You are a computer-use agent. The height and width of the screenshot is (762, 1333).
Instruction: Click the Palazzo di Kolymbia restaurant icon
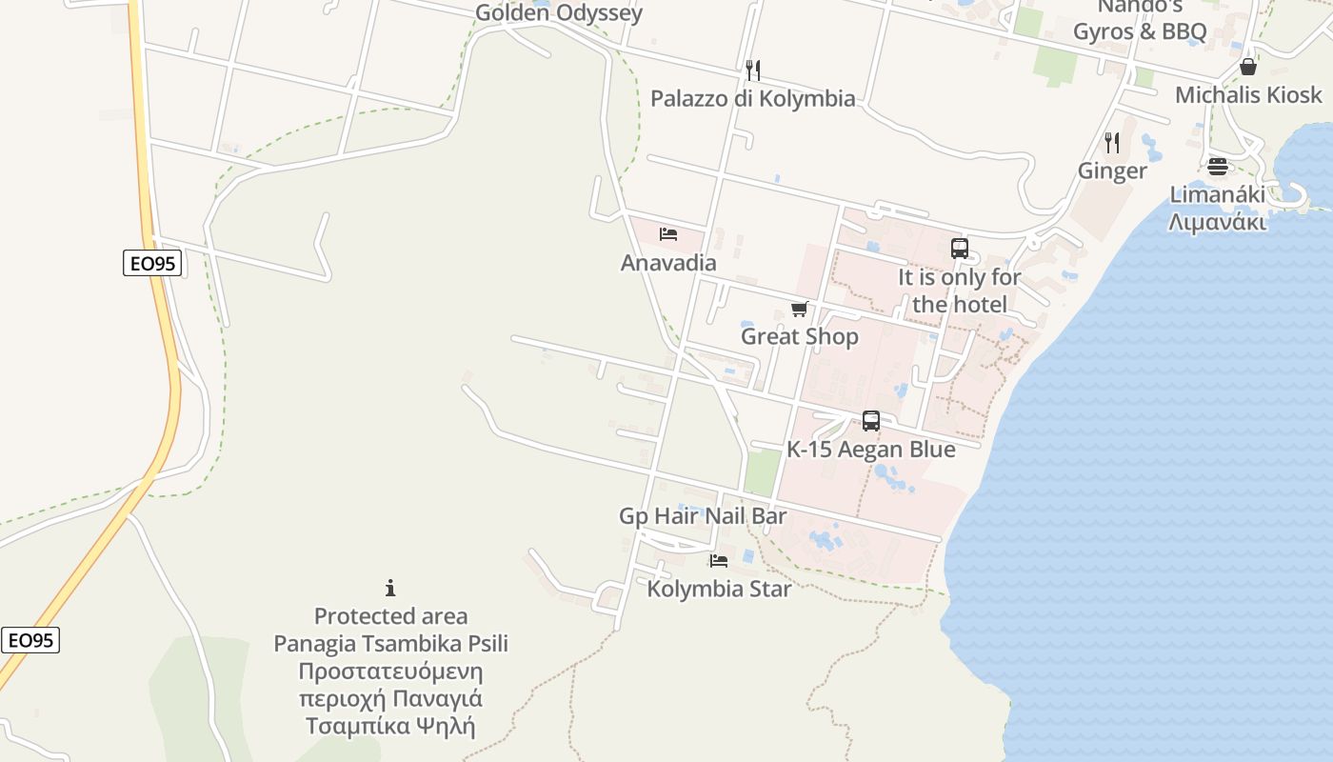(752, 70)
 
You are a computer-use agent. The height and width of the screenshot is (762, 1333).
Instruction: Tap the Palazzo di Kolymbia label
(752, 98)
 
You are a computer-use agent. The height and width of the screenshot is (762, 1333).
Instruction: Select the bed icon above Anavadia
(668, 234)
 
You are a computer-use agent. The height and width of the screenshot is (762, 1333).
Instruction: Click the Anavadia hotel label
(668, 263)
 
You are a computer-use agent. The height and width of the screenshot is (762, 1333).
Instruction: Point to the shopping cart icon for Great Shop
(800, 309)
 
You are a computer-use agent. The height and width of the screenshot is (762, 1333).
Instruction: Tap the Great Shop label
(800, 336)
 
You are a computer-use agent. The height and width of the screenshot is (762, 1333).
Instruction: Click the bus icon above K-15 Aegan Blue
(870, 421)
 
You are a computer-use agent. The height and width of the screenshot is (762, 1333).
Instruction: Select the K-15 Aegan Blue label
(870, 450)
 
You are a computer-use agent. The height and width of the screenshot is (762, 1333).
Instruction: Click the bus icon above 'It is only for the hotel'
(960, 249)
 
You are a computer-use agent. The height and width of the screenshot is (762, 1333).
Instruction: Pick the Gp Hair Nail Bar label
(703, 516)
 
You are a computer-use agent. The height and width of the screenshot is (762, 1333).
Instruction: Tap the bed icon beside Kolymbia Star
(719, 561)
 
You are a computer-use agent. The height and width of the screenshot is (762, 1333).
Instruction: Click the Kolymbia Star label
(719, 589)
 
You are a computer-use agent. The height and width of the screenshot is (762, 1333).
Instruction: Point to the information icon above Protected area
(390, 588)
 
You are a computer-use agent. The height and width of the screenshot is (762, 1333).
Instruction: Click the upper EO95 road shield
(152, 263)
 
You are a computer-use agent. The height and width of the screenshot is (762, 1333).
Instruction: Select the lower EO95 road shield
(30, 640)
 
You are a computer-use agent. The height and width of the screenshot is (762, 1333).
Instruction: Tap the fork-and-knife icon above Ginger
(1112, 143)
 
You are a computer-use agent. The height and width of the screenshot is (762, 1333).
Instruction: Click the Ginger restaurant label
(1112, 171)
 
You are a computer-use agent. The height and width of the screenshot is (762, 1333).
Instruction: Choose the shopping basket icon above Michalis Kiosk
(1248, 67)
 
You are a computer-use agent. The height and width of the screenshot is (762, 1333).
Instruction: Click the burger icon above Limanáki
(1218, 167)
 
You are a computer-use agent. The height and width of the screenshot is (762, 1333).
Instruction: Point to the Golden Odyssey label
(559, 13)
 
